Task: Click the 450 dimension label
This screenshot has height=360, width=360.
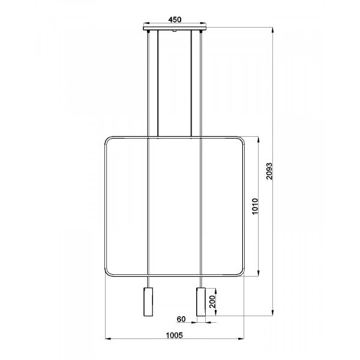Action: [x=175, y=19]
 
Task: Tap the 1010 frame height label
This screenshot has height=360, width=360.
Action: [x=254, y=207]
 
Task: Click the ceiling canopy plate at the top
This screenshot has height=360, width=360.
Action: [x=175, y=27]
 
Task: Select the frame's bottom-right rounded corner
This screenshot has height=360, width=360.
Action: [x=242, y=274]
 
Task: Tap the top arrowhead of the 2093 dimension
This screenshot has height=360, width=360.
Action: [x=274, y=28]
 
